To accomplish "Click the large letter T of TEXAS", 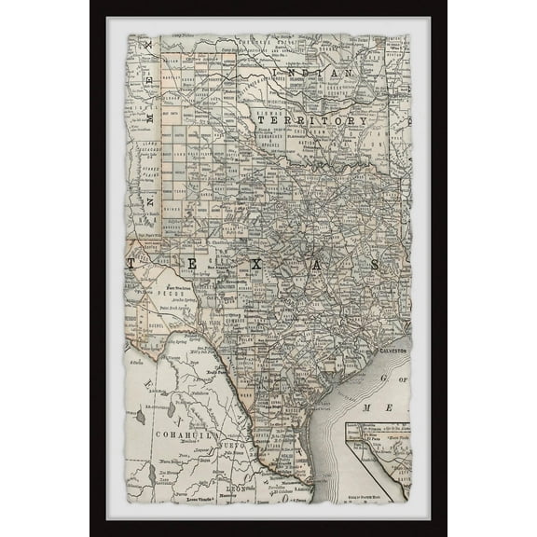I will [x=132, y=264].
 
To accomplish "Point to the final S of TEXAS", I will [x=375, y=265].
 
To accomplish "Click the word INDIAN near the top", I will [x=321, y=72].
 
